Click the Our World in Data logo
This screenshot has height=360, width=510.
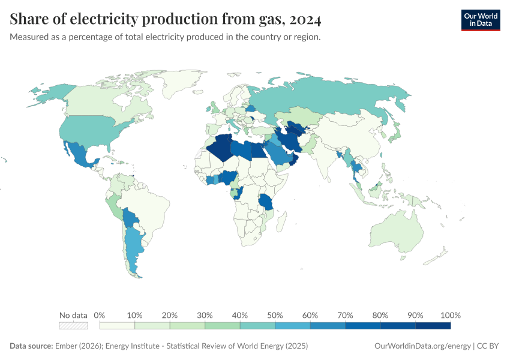(x=480, y=20)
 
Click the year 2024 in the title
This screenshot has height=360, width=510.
(x=305, y=20)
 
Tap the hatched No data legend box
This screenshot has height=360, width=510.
(x=73, y=326)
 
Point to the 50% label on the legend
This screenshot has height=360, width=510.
(x=275, y=315)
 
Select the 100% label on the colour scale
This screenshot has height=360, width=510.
(x=450, y=315)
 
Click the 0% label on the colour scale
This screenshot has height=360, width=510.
(x=100, y=315)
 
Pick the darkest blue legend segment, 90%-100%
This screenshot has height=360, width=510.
(x=433, y=326)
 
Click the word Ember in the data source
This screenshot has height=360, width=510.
(x=66, y=346)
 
